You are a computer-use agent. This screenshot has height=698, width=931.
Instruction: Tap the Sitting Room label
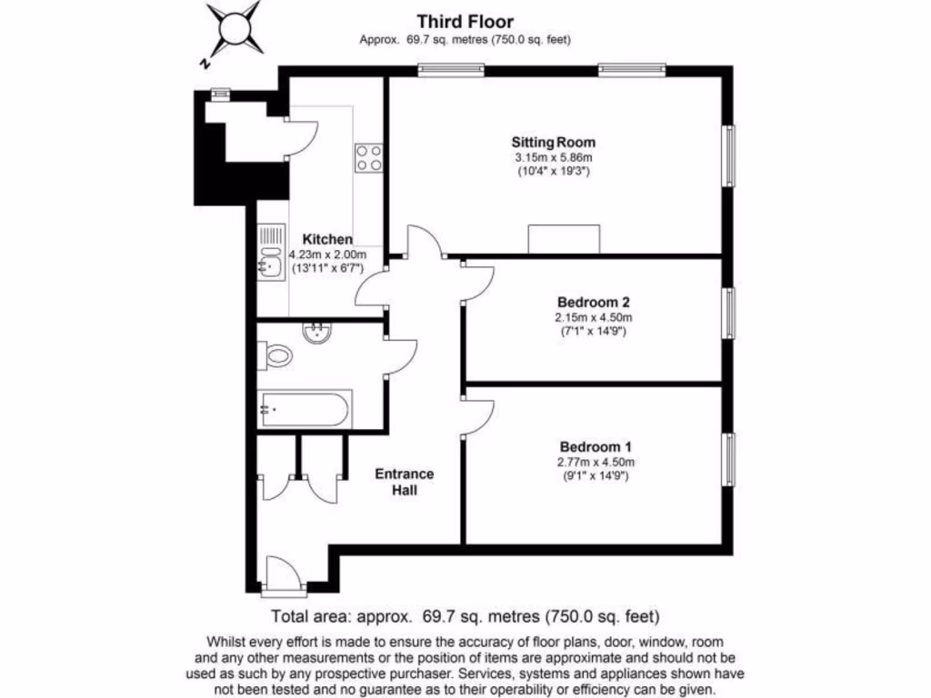pyautogui.click(x=553, y=142)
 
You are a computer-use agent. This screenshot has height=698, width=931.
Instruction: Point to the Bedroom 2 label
pyautogui.click(x=594, y=302)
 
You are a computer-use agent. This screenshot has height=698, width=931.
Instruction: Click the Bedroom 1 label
pyautogui.click(x=596, y=446)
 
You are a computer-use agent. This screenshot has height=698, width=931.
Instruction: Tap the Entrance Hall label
pyautogui.click(x=405, y=482)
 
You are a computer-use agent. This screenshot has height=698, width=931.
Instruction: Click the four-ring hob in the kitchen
pyautogui.click(x=369, y=157)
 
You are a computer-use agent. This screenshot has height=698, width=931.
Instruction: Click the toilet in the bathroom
pyautogui.click(x=274, y=355)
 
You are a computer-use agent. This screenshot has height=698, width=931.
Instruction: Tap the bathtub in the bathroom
pyautogui.click(x=305, y=409)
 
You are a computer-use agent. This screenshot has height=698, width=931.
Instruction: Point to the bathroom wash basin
pyautogui.click(x=318, y=334)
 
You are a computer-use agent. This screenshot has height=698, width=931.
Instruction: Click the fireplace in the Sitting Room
pyautogui.click(x=564, y=239)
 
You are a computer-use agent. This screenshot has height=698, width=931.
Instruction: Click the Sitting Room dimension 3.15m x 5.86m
pyautogui.click(x=553, y=157)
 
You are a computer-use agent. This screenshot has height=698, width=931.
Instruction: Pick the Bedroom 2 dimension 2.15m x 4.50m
pyautogui.click(x=594, y=317)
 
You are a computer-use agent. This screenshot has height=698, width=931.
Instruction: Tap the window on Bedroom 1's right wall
pyautogui.click(x=728, y=460)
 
